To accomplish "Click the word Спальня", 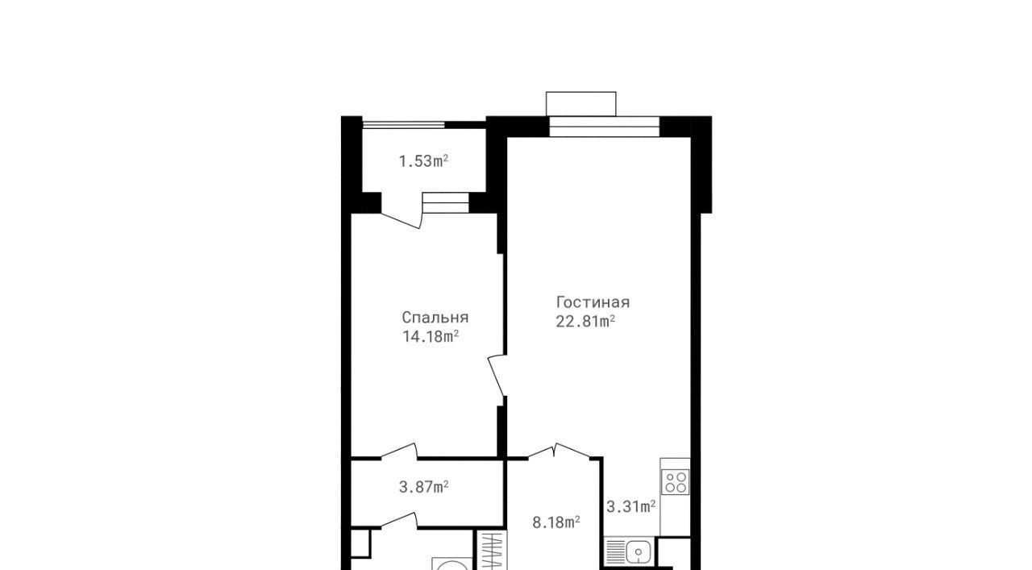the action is click(x=435, y=318).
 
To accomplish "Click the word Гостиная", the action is click(x=593, y=302).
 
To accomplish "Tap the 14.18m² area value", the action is click(x=431, y=336).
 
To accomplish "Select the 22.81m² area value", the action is click(x=585, y=321).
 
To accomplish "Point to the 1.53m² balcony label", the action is click(x=423, y=161).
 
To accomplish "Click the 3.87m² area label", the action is click(x=423, y=487).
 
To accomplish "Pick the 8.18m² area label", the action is click(x=556, y=522).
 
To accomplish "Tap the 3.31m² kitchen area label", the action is click(x=630, y=507).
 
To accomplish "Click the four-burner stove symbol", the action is click(x=675, y=482).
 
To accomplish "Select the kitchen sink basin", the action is click(x=638, y=552).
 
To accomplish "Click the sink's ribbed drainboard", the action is click(x=614, y=552).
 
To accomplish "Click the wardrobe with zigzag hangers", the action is click(x=491, y=551).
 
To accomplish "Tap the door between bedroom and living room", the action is click(x=497, y=375).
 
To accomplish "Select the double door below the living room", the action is click(x=559, y=451).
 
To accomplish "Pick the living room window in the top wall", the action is click(x=605, y=127).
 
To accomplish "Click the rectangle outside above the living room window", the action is click(x=581, y=104).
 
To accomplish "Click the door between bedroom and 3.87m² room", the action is click(x=399, y=451).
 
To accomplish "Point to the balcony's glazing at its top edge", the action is click(x=404, y=124).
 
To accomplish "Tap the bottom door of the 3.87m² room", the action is click(x=399, y=520).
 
